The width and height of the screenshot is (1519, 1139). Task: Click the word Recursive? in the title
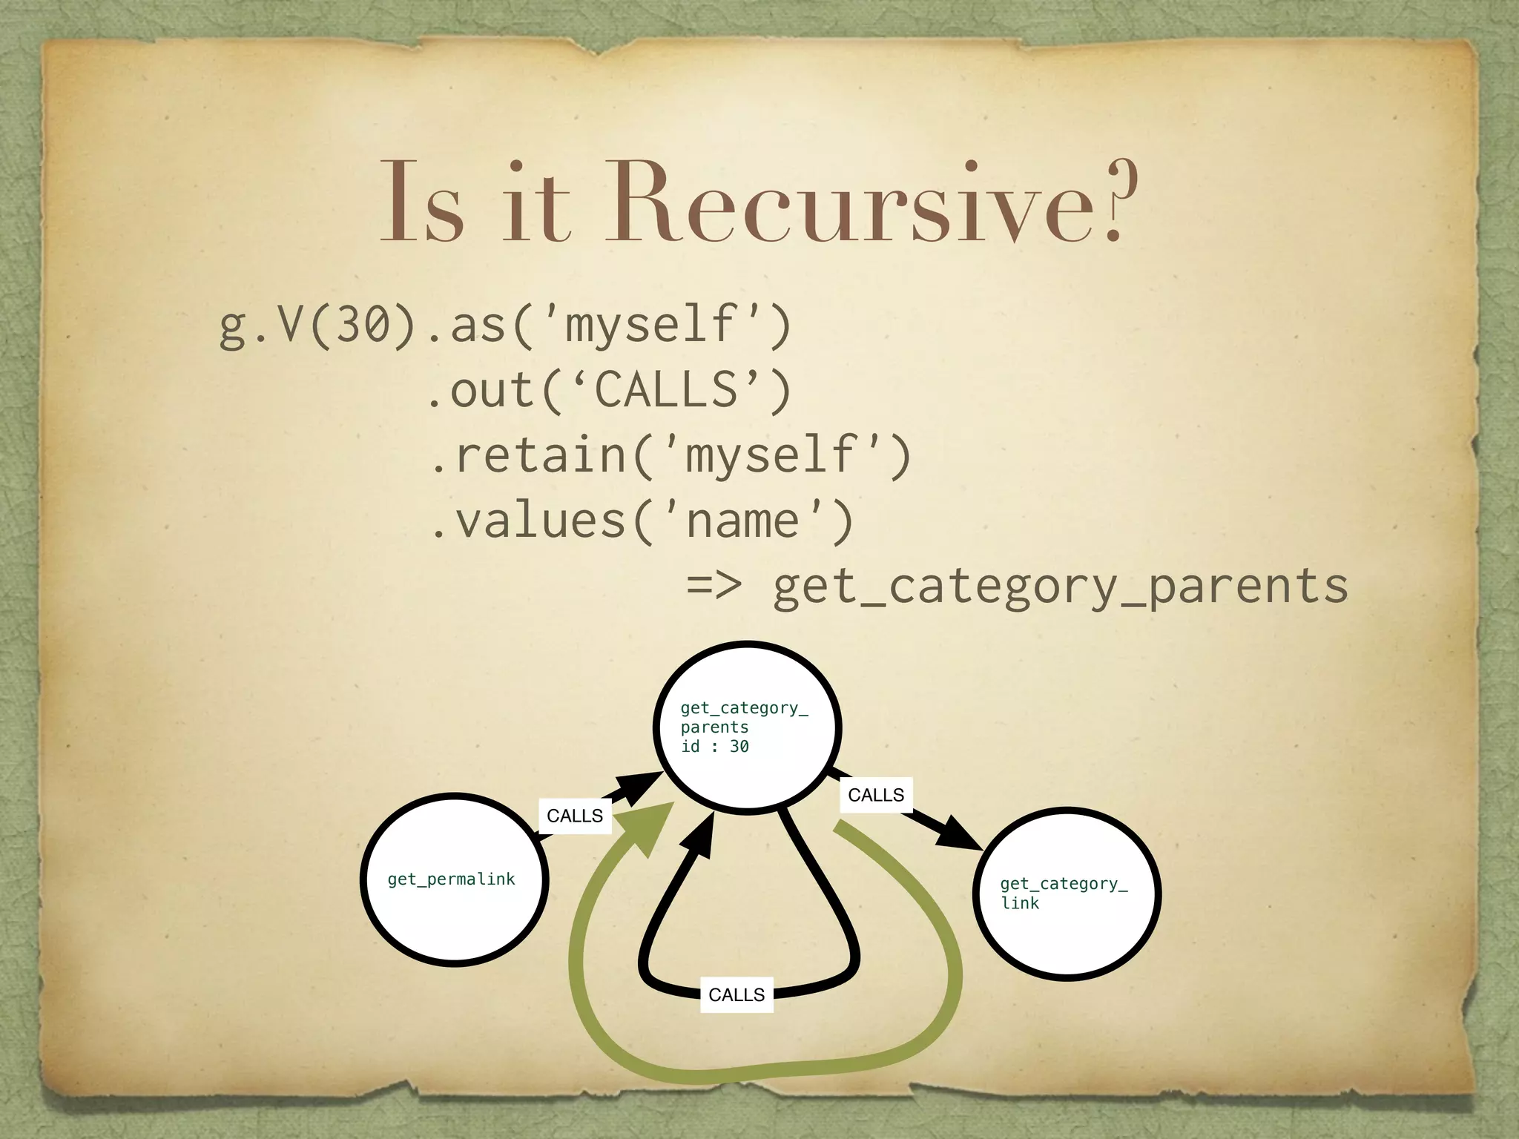click(871, 202)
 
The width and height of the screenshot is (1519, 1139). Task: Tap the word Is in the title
click(421, 202)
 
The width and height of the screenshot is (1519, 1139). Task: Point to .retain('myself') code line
click(670, 455)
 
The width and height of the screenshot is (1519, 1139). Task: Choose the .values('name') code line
click(642, 521)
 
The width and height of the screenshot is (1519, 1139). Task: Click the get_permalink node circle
click(454, 879)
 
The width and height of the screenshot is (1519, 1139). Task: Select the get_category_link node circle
click(1066, 894)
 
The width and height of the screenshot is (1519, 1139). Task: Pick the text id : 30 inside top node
click(715, 747)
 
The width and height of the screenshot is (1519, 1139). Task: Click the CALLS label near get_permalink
click(575, 816)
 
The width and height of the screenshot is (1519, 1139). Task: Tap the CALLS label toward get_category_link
click(876, 795)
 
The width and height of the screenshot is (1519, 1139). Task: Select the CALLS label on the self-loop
click(737, 994)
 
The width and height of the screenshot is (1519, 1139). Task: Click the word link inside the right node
click(1020, 903)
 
